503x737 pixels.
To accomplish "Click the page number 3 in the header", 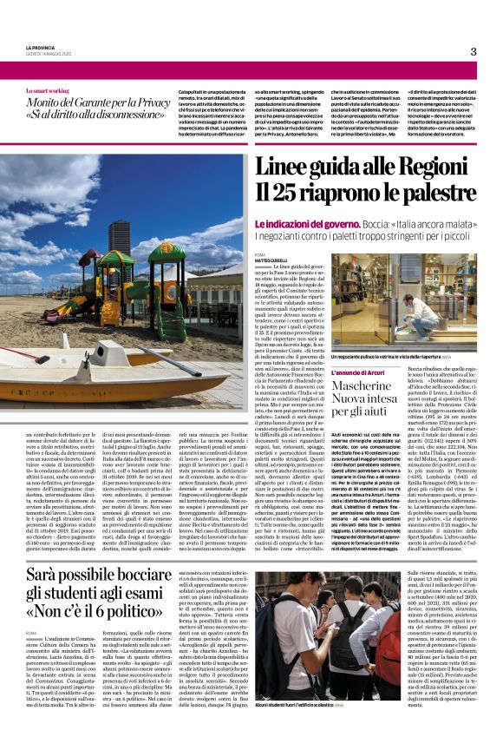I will tap(474, 51).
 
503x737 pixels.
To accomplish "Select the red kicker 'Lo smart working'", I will tap(48, 89).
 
